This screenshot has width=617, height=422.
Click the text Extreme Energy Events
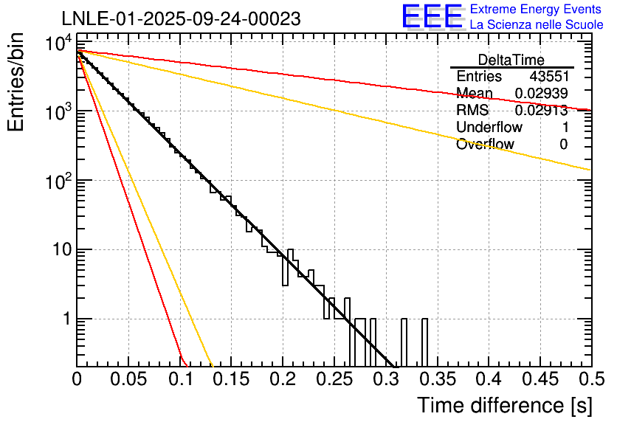537,10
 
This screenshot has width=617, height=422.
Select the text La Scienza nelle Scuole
537,24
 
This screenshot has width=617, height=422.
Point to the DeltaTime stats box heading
511,60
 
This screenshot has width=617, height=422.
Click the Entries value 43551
548,77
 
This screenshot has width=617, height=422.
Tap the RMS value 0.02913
540,111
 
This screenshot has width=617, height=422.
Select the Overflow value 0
563,145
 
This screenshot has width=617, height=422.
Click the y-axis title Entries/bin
19,83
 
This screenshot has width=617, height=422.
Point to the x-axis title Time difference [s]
503,406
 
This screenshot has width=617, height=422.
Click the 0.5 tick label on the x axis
590,380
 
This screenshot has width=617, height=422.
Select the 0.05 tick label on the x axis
128,380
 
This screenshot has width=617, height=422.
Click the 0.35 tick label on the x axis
437,380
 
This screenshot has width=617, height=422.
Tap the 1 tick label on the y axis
65,319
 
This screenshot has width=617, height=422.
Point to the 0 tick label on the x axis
77,380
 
